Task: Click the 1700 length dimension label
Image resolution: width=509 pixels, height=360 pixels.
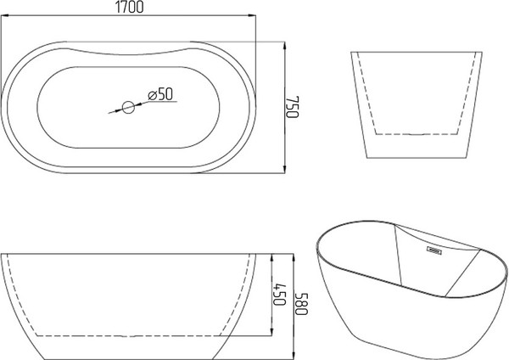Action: [129, 7]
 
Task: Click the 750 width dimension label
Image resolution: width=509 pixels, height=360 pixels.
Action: [292, 107]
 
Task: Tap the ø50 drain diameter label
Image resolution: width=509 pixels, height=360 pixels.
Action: [160, 94]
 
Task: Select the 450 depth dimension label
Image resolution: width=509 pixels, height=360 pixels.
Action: [279, 295]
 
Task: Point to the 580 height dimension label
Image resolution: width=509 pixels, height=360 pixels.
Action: [301, 303]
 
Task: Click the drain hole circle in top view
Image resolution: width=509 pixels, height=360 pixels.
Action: [129, 108]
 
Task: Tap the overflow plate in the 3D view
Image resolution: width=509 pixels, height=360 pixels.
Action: [433, 250]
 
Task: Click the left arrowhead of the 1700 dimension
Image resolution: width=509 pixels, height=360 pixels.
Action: [4, 15]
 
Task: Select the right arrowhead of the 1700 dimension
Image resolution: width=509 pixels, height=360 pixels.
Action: [252, 15]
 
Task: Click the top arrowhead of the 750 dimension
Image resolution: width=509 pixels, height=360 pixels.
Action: [284, 46]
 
